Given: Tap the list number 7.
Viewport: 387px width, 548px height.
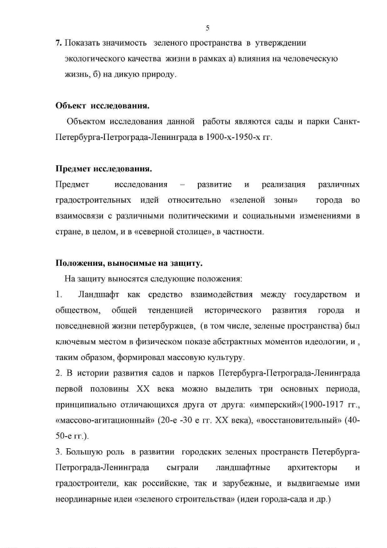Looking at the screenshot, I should (58, 43).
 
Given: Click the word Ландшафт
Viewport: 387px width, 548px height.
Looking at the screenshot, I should (99, 294).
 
